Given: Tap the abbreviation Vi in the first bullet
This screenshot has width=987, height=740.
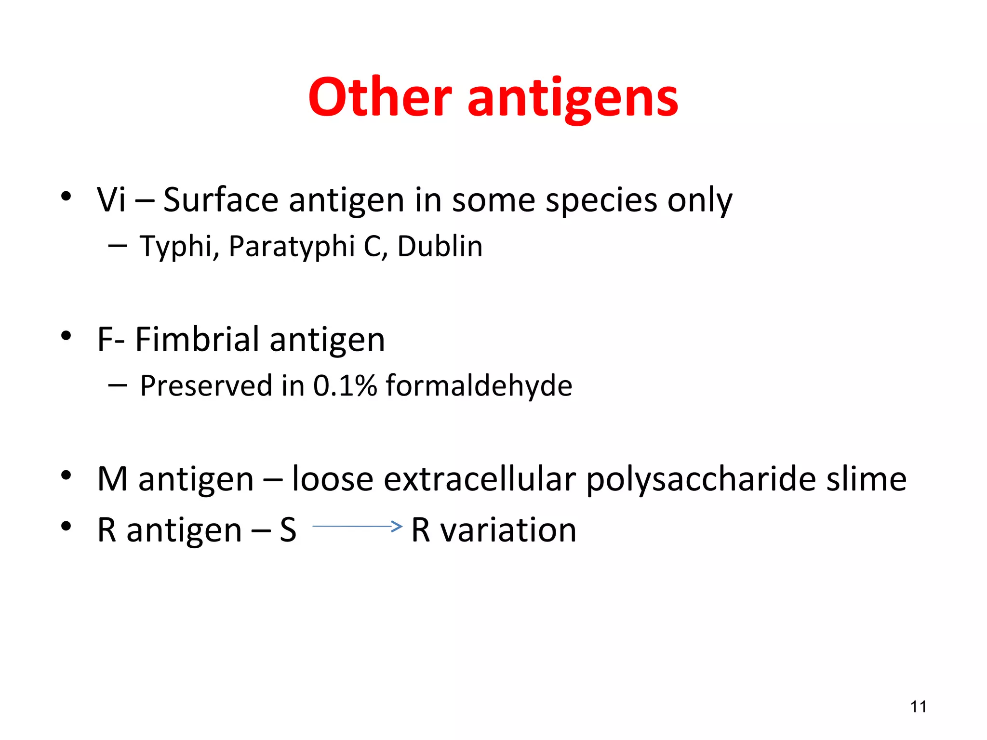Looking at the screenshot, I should [111, 199].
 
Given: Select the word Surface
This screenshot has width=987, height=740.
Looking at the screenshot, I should [221, 199].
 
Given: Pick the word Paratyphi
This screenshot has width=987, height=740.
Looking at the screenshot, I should [292, 247].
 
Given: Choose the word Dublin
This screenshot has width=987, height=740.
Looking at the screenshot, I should [440, 246].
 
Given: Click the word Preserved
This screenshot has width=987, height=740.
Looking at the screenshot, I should [206, 386].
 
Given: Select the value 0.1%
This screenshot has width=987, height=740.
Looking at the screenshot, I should [345, 386].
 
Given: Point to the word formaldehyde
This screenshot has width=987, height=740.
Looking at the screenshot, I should [479, 386].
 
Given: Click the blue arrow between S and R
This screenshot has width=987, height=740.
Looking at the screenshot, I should [357, 526].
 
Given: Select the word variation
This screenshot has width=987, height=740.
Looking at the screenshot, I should [508, 530].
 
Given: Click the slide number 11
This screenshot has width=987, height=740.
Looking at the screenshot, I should [919, 707].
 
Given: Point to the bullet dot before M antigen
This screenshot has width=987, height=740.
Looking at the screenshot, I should [66, 476].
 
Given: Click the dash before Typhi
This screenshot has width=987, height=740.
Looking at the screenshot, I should [118, 246].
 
